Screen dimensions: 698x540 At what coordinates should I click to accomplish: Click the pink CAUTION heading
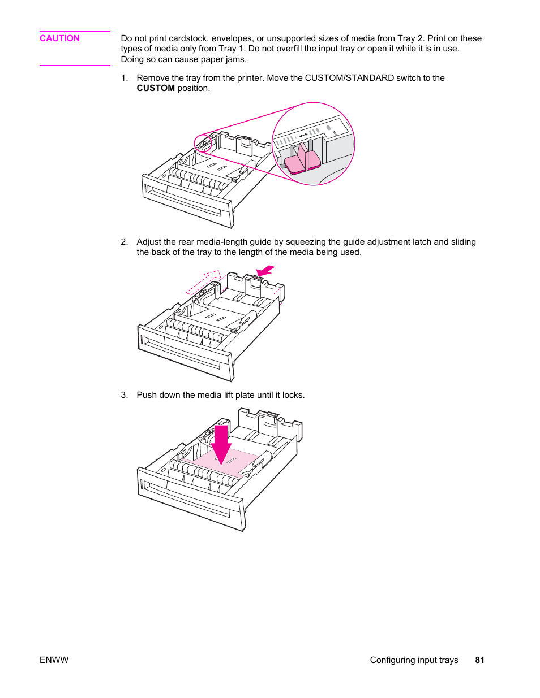point(59,38)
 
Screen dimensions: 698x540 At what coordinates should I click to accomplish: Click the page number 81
point(479,660)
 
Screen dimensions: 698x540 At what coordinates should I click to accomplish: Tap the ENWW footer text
point(54,660)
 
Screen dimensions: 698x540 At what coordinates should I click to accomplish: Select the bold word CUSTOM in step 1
point(156,88)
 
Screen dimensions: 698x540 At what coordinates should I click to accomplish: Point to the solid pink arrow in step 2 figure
point(265,271)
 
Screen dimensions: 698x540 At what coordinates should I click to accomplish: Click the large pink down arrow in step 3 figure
point(221,444)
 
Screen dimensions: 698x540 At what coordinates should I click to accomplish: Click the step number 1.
point(124,78)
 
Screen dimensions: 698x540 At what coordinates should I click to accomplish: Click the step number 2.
point(124,242)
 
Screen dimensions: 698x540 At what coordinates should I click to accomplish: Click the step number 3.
point(124,395)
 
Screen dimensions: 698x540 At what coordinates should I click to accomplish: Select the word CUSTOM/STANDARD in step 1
point(349,78)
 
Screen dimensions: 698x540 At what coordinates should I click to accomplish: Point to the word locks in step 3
point(292,395)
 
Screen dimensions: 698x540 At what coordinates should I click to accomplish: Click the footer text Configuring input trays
point(414,660)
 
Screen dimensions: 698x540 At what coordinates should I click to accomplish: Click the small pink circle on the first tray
point(203,144)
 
